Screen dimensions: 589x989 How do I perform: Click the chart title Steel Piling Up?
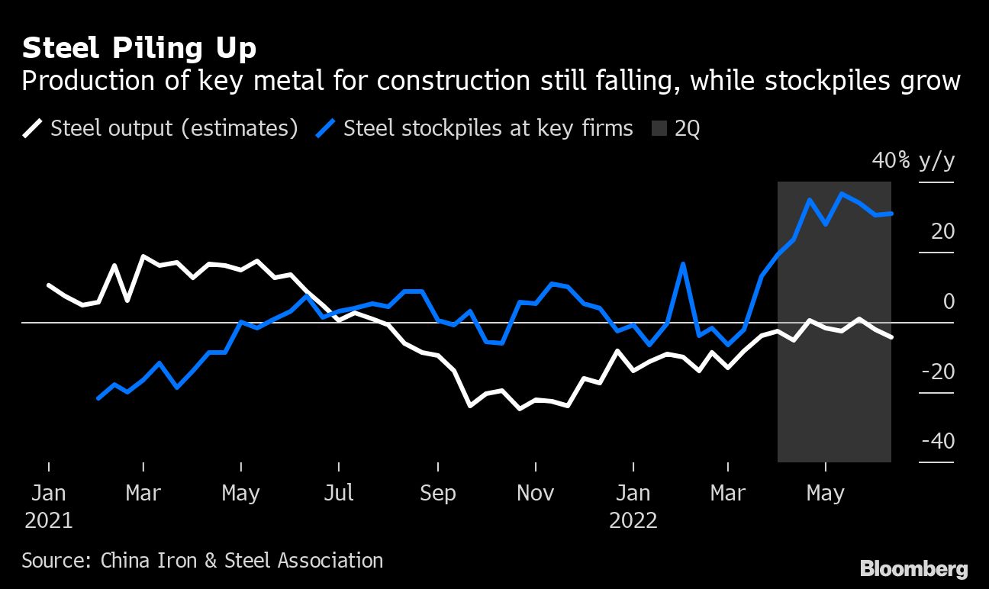[x=139, y=49]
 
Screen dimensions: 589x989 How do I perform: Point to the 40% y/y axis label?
[x=913, y=161]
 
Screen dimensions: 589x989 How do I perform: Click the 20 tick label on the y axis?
[x=943, y=231]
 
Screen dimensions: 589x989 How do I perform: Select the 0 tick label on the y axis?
[x=949, y=301]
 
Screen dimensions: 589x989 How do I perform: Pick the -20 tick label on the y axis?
[x=939, y=372]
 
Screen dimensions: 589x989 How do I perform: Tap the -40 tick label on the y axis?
[x=939, y=442]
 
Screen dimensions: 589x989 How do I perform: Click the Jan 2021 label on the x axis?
[x=49, y=506]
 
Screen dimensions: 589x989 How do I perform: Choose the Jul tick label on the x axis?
[x=338, y=493]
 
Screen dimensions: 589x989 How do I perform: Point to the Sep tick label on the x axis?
[x=437, y=493]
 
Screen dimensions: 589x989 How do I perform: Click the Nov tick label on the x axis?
[x=535, y=493]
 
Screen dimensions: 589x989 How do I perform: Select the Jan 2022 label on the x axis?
[x=633, y=506]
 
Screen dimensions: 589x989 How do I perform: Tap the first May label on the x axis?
[x=240, y=493]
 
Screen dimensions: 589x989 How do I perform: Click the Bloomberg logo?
[x=913, y=568]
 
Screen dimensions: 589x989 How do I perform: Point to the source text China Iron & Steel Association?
[x=202, y=561]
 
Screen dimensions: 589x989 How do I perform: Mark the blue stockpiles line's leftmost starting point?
[x=98, y=398]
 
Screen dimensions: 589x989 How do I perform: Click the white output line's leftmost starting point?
[x=49, y=285]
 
